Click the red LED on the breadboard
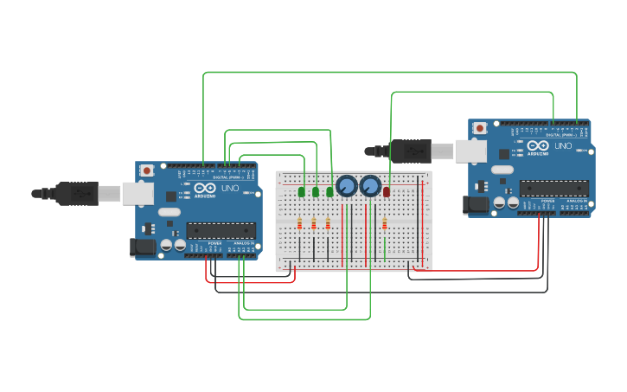386,191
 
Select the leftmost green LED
302,191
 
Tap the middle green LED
316,191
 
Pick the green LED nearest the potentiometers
329,191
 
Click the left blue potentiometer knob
347,186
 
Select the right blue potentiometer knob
370,186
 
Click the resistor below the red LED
385,225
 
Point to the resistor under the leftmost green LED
300,225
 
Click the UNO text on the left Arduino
230,188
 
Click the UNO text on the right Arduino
562,146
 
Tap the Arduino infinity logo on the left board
205,188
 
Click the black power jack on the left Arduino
143,247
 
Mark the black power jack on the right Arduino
477,205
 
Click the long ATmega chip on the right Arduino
553,188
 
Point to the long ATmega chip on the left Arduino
221,230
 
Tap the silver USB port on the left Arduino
138,193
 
